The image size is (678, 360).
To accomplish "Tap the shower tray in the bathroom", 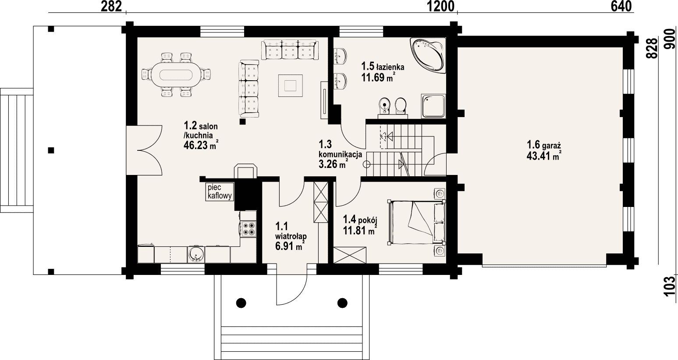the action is (433, 106).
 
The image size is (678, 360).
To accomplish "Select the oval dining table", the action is (176, 74).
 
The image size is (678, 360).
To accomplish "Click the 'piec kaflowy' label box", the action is (220, 192).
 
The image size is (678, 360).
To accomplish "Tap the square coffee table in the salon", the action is (291, 86).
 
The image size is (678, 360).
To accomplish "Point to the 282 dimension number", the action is (111, 7).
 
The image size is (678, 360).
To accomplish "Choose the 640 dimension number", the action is (621, 7).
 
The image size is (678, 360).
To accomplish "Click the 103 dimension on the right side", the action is (671, 286).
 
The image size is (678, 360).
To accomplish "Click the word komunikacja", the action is (341, 155).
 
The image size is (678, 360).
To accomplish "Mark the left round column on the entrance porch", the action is (241, 303).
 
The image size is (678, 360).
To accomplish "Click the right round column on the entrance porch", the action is (342, 303).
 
